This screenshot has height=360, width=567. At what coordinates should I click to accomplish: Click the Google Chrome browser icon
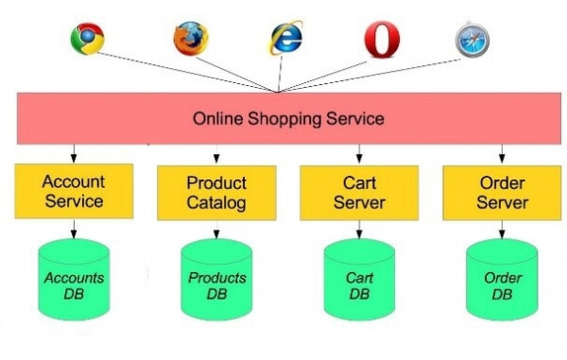click(88, 39)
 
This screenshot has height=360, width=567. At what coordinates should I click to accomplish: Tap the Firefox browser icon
click(191, 39)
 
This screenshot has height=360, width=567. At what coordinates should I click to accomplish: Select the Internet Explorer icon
click(286, 38)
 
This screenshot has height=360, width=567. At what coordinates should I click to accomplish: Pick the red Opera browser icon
click(382, 39)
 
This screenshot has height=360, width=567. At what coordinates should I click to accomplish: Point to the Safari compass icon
click(472, 40)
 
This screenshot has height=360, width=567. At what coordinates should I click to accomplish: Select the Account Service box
click(74, 191)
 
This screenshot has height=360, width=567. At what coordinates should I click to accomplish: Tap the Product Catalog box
click(216, 193)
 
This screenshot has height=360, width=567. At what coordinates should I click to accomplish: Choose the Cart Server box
click(359, 193)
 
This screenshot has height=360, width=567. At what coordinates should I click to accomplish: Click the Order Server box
click(502, 193)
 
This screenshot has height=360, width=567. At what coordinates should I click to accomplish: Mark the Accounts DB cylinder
click(74, 280)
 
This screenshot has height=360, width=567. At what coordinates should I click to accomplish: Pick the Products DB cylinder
click(216, 280)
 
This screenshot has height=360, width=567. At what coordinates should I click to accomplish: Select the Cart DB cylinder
click(359, 280)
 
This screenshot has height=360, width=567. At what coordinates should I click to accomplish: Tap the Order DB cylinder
click(502, 280)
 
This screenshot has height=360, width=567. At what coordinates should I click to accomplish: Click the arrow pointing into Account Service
click(74, 154)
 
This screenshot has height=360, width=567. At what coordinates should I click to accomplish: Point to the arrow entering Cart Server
click(359, 154)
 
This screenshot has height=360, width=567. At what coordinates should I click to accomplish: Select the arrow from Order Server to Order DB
click(502, 230)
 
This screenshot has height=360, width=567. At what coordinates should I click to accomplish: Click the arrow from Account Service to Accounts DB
click(74, 229)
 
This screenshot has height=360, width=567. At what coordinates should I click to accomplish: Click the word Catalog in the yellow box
click(216, 203)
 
